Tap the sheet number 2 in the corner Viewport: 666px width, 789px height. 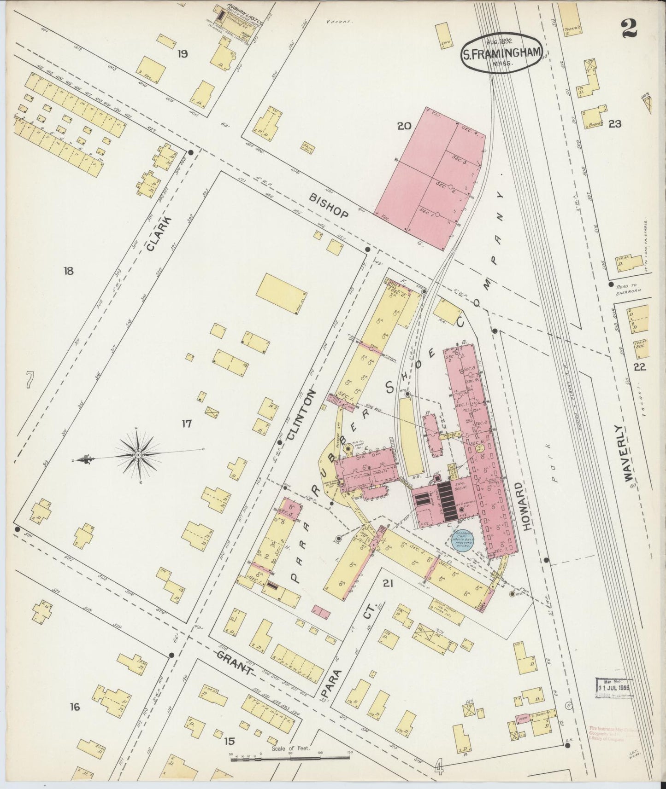click(x=629, y=29)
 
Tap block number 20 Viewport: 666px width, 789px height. click(x=404, y=125)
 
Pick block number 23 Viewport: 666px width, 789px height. click(x=615, y=123)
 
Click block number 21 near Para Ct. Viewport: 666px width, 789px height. click(x=388, y=584)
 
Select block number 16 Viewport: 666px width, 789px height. click(x=75, y=707)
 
